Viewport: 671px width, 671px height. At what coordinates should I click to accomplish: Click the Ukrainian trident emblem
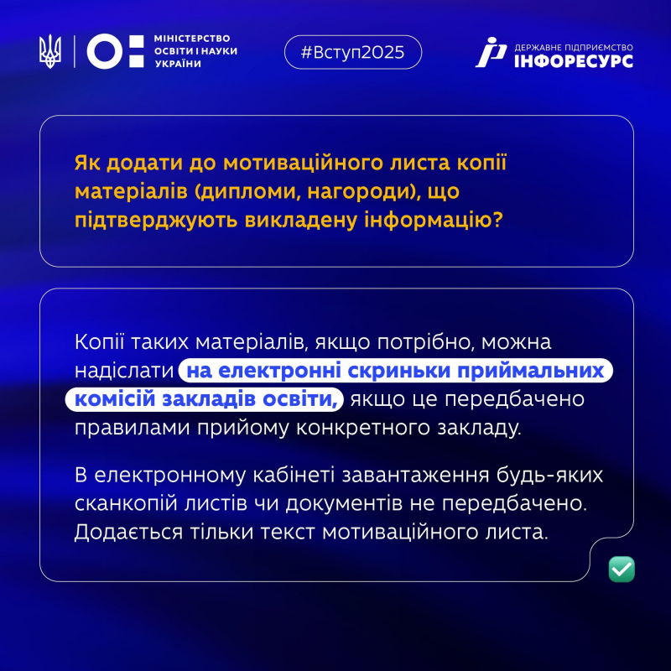click(x=51, y=51)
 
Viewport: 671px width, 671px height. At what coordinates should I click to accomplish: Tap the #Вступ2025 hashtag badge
click(x=351, y=52)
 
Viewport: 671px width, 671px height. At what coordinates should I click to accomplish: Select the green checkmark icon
click(x=622, y=570)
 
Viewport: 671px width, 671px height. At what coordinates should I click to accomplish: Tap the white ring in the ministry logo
click(x=103, y=51)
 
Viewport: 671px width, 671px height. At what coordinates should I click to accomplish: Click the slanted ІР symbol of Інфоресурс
click(x=491, y=52)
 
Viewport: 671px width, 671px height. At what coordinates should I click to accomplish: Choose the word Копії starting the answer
click(x=101, y=342)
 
